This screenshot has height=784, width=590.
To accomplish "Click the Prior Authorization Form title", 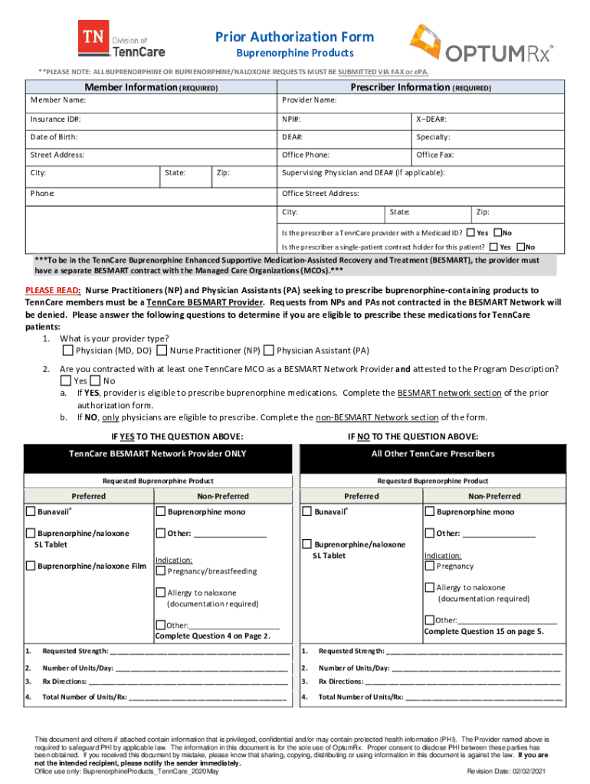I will click(x=294, y=37).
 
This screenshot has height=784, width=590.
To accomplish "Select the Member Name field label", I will click(x=58, y=100).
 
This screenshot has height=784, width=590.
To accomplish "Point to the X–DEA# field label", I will click(x=431, y=119).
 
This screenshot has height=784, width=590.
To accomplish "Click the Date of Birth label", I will click(x=54, y=137).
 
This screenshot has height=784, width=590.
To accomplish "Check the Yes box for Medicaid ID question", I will click(x=470, y=232).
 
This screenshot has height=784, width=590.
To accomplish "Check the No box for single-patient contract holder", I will click(x=521, y=247).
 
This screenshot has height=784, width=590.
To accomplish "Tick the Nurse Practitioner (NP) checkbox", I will click(x=162, y=351).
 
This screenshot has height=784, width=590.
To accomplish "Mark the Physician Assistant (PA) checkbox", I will click(x=268, y=351).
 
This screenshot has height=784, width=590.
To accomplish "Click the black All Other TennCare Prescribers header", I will click(x=432, y=454).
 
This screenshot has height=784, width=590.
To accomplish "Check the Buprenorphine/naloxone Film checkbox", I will click(x=31, y=567).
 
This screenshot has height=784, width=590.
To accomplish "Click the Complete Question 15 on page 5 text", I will click(x=483, y=632).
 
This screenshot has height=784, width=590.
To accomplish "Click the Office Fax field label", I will click(x=434, y=155).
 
